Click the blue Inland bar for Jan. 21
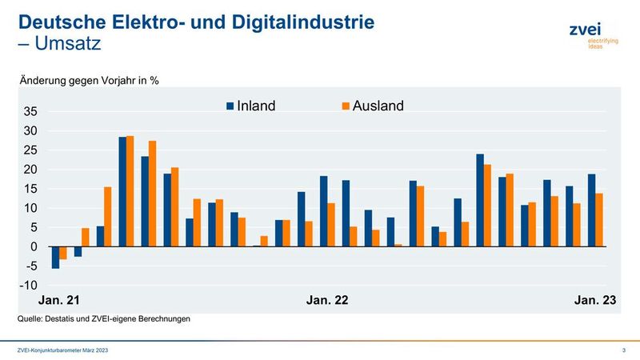tap(55, 257)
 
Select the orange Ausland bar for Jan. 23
tap(599, 219)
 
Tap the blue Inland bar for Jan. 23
tap(591, 210)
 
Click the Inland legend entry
tap(251, 106)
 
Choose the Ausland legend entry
tap(369, 106)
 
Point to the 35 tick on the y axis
tap(30, 111)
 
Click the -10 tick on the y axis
tap(28, 286)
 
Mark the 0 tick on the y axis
tap(33, 246)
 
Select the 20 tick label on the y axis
tap(30, 170)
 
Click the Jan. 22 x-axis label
tap(327, 300)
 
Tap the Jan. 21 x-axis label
tap(60, 300)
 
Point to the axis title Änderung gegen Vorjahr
tap(84, 80)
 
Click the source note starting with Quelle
tap(103, 319)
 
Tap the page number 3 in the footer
tap(623, 350)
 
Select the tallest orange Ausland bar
tap(130, 191)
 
